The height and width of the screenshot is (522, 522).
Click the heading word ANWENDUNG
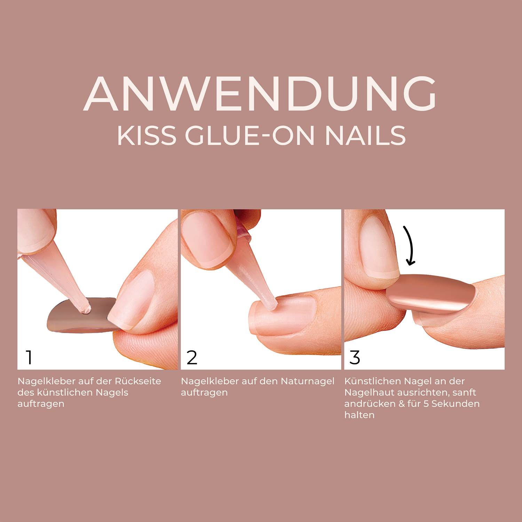click(x=260, y=94)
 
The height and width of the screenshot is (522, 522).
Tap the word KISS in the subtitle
click(x=147, y=136)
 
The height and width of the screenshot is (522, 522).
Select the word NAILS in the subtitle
click(x=365, y=136)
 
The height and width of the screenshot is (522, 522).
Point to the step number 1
click(x=29, y=357)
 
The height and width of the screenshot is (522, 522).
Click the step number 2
click(x=192, y=357)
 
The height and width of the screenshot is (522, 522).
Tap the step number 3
click(x=355, y=357)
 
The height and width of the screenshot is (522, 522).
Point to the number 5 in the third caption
click(x=426, y=404)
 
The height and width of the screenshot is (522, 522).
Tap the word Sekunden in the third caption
click(x=456, y=404)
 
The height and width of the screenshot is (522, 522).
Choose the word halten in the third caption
click(x=359, y=415)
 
